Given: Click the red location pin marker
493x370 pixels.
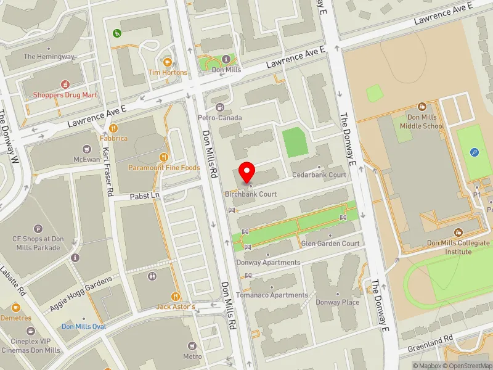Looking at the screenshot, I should (x=247, y=171).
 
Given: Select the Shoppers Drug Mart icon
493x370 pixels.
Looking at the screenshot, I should (x=65, y=84).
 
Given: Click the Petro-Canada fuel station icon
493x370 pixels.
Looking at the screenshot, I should (x=219, y=107).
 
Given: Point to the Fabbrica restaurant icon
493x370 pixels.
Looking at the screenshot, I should (x=113, y=128).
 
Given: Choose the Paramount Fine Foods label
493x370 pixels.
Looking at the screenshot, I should (x=164, y=167).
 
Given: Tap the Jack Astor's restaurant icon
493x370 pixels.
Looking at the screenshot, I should (x=176, y=297).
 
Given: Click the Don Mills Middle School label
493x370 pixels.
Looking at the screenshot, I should (x=422, y=121).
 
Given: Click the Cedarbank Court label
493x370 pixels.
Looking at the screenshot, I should (x=319, y=175).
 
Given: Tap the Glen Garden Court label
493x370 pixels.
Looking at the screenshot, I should (x=330, y=244).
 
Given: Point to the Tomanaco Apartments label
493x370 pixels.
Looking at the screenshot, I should (x=271, y=295).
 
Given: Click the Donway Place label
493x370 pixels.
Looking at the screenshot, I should (x=337, y=302).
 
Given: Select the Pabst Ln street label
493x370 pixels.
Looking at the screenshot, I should (x=145, y=195).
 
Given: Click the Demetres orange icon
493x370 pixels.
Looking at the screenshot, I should (x=16, y=307).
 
